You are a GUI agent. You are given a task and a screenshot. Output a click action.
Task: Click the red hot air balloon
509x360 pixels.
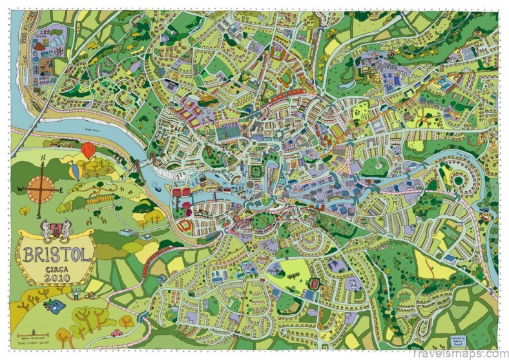[88, 150]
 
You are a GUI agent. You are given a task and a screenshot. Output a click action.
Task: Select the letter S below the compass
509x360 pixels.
[39, 217]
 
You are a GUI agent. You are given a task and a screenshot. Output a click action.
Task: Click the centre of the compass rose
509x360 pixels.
[41, 188]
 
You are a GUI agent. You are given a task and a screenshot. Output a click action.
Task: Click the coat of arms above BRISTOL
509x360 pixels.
[57, 229]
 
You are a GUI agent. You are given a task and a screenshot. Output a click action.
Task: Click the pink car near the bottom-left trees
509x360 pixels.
[116, 333]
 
